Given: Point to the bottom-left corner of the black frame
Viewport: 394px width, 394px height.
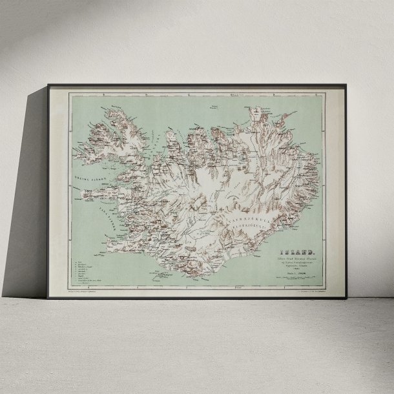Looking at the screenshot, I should (x=48, y=298).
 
